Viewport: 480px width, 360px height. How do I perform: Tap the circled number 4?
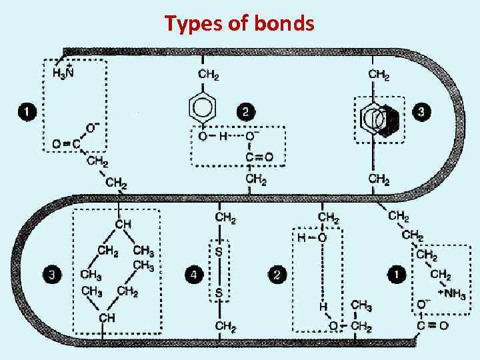[193, 274]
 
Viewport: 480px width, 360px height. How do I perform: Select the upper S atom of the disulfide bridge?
[218, 252]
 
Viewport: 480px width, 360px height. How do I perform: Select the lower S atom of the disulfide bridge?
[218, 294]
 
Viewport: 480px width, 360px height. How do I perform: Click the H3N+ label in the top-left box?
[63, 71]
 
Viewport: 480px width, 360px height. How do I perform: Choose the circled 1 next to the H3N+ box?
[27, 112]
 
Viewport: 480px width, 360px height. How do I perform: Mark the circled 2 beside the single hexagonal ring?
[246, 112]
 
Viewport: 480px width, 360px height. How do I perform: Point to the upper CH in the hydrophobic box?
[123, 225]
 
